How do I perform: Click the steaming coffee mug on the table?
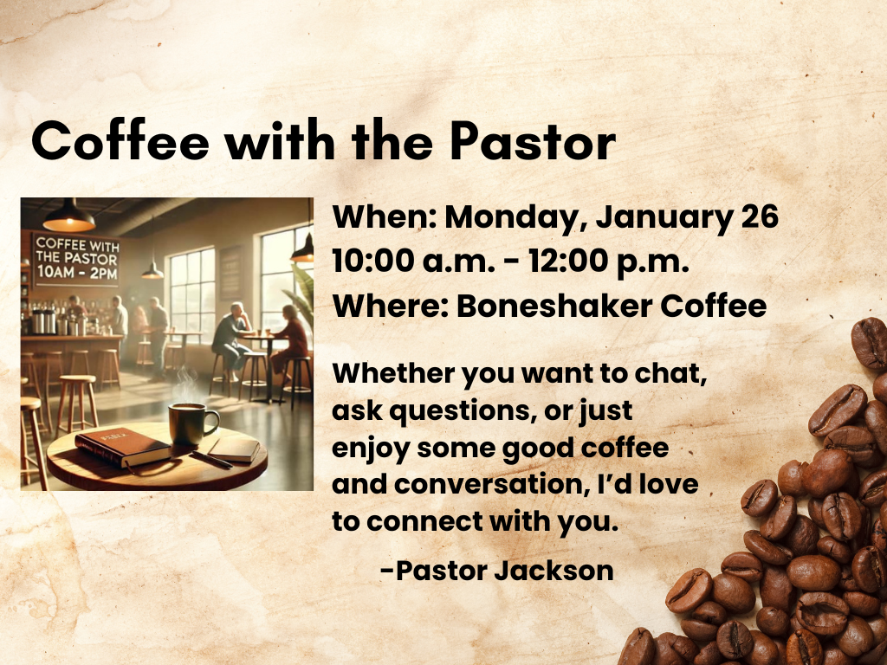(191, 423)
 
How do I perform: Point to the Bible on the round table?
(121, 449)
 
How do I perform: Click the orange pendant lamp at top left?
(68, 219)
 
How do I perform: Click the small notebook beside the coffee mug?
(234, 448)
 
